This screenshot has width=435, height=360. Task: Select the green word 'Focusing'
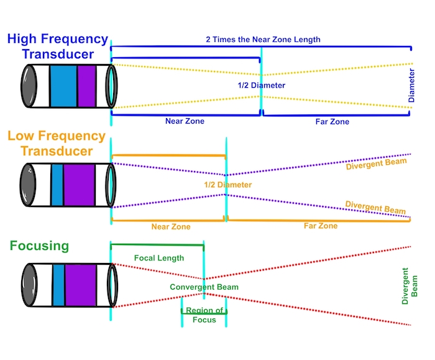pos(39,245)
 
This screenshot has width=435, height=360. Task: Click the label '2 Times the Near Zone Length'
pos(263,40)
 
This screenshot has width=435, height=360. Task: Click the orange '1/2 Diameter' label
pos(228,185)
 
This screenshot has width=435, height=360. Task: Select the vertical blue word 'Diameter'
pos(411,85)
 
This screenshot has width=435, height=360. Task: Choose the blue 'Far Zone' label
pos(332,122)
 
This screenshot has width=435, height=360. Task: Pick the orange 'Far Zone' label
pos(320,226)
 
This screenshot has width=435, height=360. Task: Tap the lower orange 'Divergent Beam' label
pos(375,207)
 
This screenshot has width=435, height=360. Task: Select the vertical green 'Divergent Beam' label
pos(410,285)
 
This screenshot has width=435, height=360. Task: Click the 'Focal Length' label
pos(159,257)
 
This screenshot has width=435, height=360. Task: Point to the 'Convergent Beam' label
pos(204,287)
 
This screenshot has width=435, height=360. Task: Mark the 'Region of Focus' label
pos(204,315)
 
